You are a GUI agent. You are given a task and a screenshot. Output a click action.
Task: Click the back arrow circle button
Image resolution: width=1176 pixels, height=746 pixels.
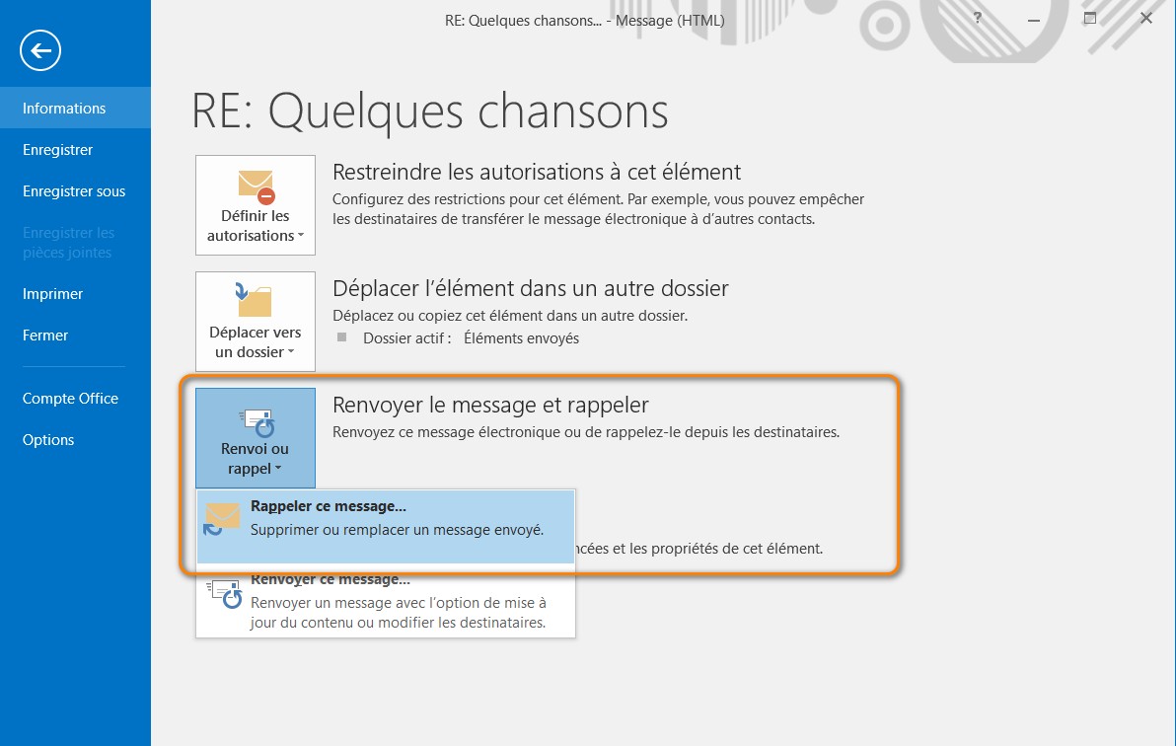tap(40, 50)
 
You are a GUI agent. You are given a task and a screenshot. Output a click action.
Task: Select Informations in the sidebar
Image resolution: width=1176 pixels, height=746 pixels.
tap(64, 109)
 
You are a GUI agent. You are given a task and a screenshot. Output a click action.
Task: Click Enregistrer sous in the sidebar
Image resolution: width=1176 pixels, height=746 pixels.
tap(74, 191)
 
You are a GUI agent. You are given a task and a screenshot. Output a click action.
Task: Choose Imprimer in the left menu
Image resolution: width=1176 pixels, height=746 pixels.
tap(53, 294)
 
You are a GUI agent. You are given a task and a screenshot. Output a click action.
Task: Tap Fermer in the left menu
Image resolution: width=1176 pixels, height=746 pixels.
tap(45, 336)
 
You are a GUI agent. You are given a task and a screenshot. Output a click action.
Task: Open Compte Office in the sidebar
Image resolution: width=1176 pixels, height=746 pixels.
tap(70, 399)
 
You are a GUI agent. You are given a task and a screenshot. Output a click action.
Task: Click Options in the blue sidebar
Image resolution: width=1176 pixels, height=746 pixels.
tap(48, 440)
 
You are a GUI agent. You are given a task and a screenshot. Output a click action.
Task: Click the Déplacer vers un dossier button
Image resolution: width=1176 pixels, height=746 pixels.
tap(256, 319)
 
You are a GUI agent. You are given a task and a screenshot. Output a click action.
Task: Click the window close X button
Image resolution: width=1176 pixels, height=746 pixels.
tap(1145, 19)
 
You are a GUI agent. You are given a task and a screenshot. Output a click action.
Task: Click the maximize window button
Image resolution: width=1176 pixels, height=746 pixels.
tap(1090, 19)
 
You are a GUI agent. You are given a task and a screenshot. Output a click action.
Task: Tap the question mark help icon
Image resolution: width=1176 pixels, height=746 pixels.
tap(977, 19)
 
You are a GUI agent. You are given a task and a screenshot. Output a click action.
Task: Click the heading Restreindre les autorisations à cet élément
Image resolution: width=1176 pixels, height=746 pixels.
tap(537, 173)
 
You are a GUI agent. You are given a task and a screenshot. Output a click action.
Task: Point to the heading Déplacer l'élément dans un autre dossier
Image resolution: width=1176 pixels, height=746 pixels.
tap(531, 289)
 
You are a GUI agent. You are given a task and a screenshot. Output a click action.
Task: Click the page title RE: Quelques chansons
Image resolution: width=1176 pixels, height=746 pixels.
tap(430, 112)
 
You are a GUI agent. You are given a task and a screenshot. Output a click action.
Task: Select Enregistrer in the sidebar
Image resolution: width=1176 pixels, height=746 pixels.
tap(57, 150)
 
